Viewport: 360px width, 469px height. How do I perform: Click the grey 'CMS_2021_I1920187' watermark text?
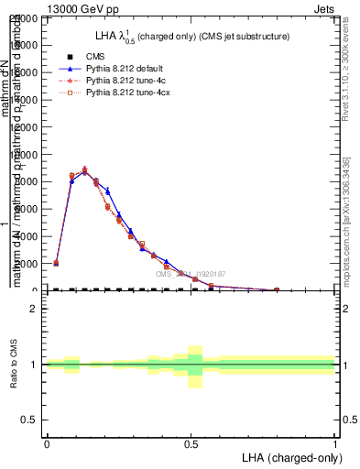click(x=191, y=274)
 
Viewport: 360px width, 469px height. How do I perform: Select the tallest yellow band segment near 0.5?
click(x=194, y=366)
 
